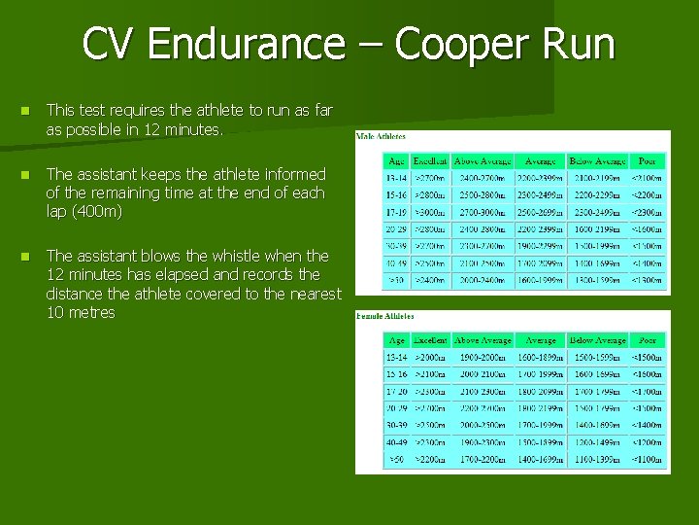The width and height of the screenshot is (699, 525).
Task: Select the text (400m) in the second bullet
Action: pos(98,211)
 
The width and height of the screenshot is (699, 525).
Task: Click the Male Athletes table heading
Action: pos(381,136)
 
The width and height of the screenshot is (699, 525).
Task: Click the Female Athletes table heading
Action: pos(385,316)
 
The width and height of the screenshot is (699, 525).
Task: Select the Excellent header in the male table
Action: pos(430,160)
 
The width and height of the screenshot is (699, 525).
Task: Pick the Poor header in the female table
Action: pos(648,340)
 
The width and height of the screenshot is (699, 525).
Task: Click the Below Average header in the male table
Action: pos(597,160)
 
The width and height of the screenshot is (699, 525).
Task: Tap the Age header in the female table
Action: pos(397,340)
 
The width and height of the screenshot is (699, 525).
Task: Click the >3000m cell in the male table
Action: pos(430,210)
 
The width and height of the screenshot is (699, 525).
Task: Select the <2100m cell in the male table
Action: pos(648,178)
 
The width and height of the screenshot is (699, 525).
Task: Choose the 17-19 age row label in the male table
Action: pos(397,210)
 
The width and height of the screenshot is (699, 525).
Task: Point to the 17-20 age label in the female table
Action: pos(397,391)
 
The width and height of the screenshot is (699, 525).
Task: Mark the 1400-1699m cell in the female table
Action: pos(541,458)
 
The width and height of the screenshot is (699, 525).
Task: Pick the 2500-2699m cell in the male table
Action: pos(540,210)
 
